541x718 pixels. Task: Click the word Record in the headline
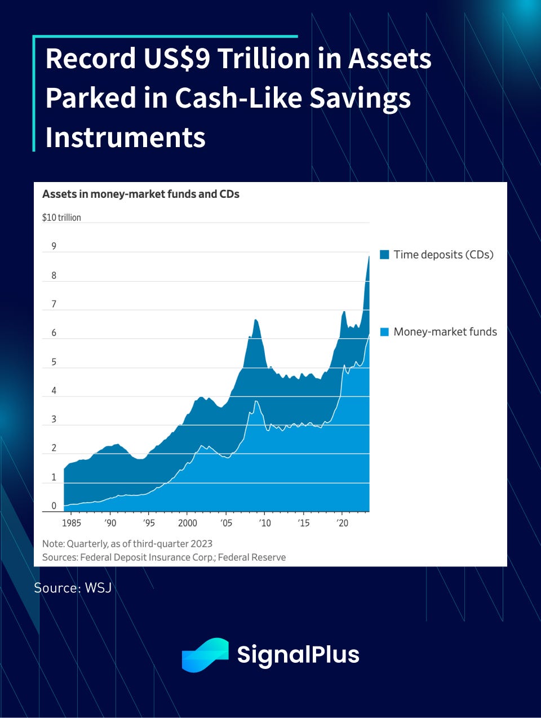coord(90,59)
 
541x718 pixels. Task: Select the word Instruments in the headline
coord(125,138)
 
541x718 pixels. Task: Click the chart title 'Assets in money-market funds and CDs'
coord(141,194)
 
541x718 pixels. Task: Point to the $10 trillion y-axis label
coord(61,218)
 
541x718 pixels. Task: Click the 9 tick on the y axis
coord(54,246)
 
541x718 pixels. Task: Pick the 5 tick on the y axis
coord(54,362)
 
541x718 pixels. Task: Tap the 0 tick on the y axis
coord(54,506)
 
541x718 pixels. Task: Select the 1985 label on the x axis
coord(71,523)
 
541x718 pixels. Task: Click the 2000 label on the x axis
coord(188,523)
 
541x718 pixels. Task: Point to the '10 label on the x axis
coord(264,523)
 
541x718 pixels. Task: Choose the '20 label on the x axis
coord(342,523)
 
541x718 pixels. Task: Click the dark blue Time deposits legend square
coord(385,255)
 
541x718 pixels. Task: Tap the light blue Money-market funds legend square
coord(385,332)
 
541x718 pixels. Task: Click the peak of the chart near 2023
coord(369,257)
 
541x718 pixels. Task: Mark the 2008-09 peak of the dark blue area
coord(255,320)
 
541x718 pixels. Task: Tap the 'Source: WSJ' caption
coord(73,588)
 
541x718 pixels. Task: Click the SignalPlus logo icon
coord(205,655)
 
